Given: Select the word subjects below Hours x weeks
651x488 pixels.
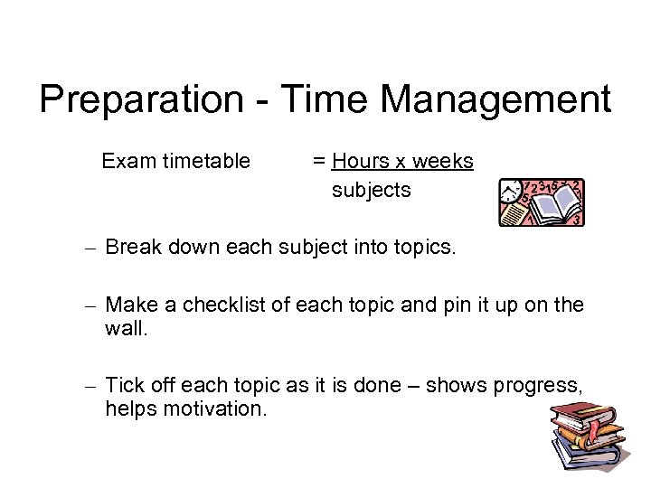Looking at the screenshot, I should click(x=371, y=191).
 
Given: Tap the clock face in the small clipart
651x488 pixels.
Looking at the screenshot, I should click(x=513, y=192).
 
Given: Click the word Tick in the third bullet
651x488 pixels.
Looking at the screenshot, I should click(x=122, y=387).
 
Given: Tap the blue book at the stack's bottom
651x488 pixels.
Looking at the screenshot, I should click(x=588, y=468).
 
